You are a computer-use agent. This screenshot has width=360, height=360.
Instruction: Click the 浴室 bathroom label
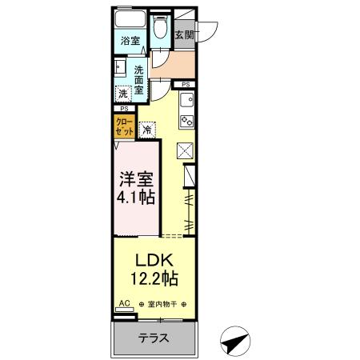(x=130, y=38)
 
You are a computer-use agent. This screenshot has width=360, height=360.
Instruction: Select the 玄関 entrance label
(x=184, y=35)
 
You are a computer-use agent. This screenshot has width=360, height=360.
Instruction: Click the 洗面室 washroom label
(x=138, y=79)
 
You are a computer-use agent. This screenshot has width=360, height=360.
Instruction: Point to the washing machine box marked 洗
(x=123, y=93)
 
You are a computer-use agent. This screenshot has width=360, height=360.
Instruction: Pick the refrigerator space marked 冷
(x=148, y=128)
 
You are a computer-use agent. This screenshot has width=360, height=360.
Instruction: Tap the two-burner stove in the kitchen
(x=186, y=122)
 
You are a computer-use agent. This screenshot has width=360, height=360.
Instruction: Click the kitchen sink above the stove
(x=186, y=101)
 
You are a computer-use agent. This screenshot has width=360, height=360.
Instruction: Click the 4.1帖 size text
(x=134, y=198)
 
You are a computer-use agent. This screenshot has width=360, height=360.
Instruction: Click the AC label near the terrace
(x=123, y=303)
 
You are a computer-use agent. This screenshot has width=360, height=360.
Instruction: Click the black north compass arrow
(x=233, y=342)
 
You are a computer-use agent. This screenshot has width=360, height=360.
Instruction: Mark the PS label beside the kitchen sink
(x=186, y=84)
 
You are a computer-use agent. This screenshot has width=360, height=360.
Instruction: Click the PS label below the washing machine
(x=123, y=108)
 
